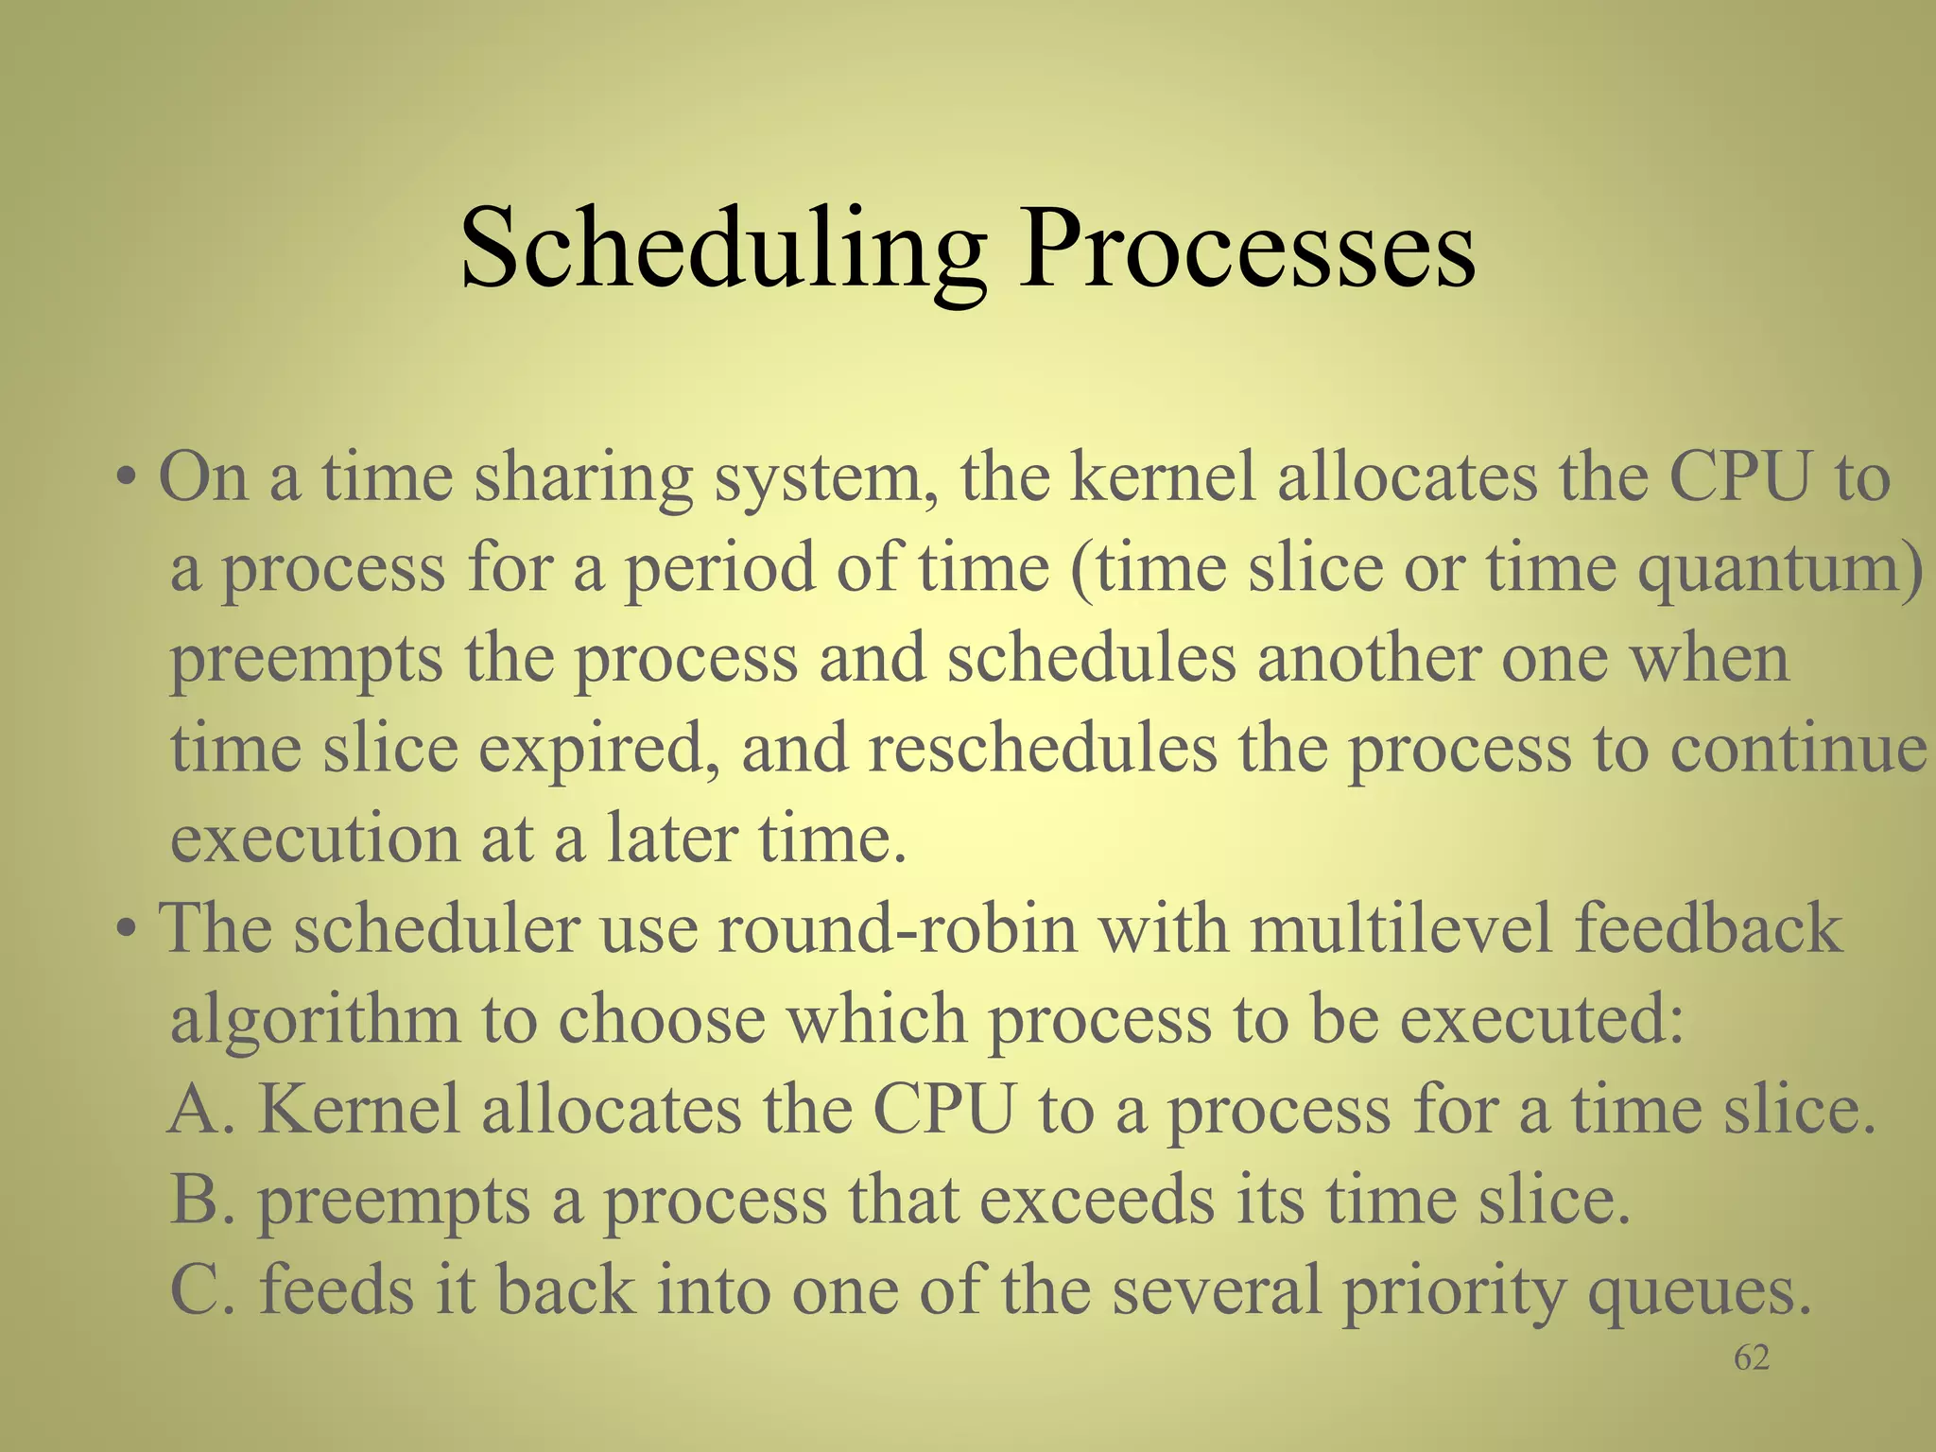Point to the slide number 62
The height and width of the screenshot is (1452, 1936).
click(x=1751, y=1358)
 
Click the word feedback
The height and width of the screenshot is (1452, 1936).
click(x=1708, y=928)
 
